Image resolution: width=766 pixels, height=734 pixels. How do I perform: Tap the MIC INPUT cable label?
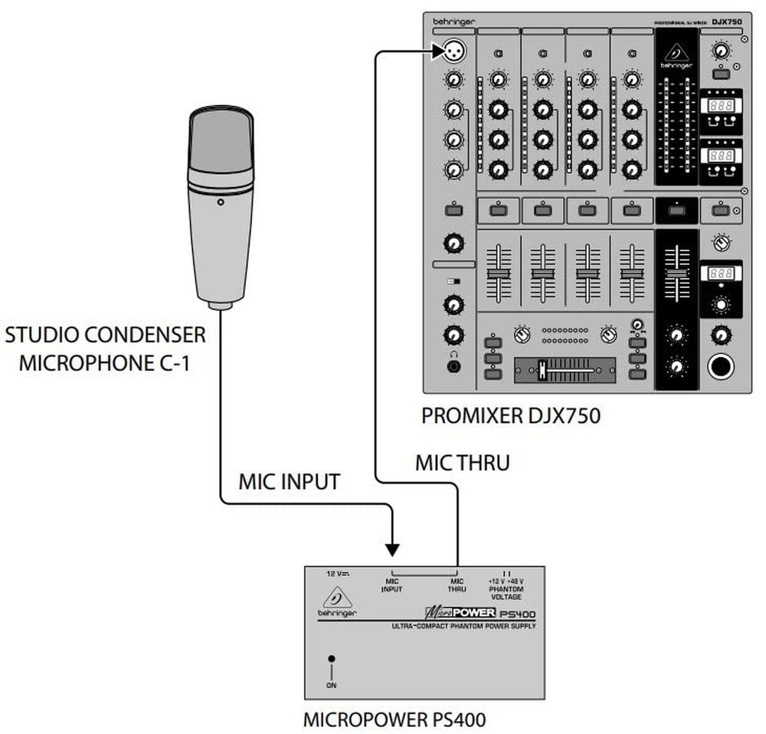(289, 482)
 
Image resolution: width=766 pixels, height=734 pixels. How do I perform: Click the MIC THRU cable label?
(462, 463)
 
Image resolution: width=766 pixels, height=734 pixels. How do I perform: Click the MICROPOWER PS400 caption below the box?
(394, 720)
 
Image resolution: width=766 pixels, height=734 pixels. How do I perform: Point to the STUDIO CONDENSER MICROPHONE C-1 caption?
(105, 349)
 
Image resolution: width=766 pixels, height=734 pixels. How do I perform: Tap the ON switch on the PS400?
(331, 659)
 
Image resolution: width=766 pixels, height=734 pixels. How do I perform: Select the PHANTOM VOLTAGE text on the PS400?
(506, 593)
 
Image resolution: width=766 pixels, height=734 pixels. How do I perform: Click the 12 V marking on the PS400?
(337, 573)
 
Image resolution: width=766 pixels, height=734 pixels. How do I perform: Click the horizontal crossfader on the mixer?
(565, 369)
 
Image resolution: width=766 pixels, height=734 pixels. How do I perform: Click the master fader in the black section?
(676, 274)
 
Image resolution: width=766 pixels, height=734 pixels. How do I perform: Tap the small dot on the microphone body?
(221, 203)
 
